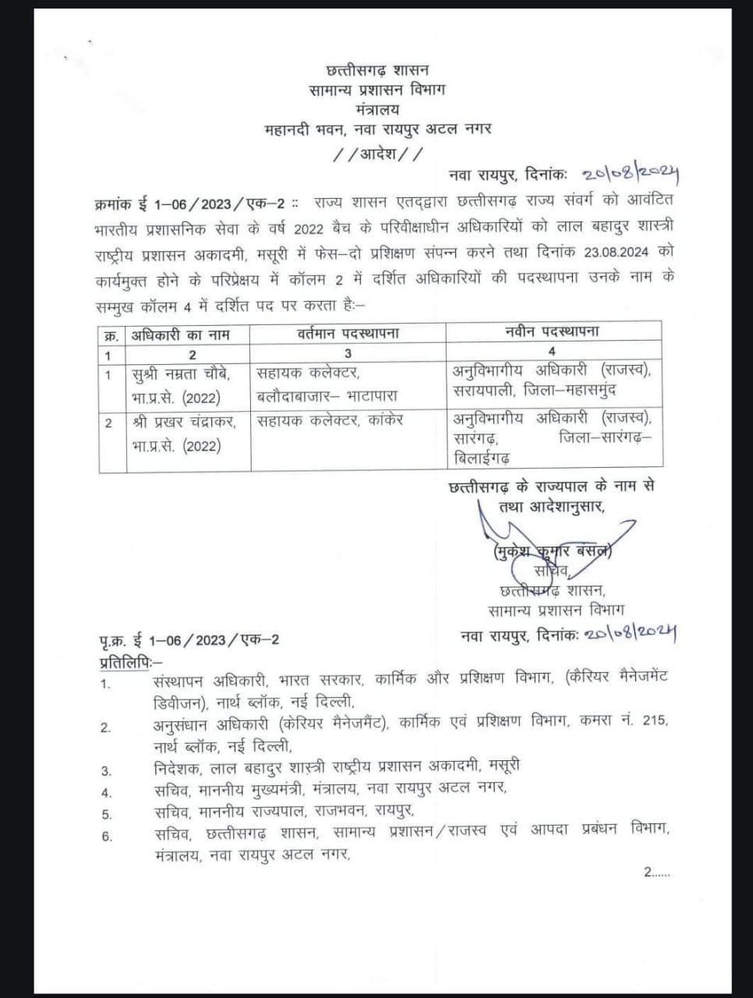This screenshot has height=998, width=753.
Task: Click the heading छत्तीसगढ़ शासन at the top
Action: [376, 70]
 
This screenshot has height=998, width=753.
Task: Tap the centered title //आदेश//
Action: [377, 153]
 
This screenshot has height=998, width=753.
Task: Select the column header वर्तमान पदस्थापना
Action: [348, 333]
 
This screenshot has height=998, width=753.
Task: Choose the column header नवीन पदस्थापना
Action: [552, 331]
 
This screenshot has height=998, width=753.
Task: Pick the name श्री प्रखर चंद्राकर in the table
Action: [187, 423]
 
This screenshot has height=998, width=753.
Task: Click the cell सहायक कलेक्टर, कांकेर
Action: [330, 420]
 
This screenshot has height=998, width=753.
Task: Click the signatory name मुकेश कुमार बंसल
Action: [552, 552]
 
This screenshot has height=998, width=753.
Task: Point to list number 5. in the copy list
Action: [107, 816]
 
